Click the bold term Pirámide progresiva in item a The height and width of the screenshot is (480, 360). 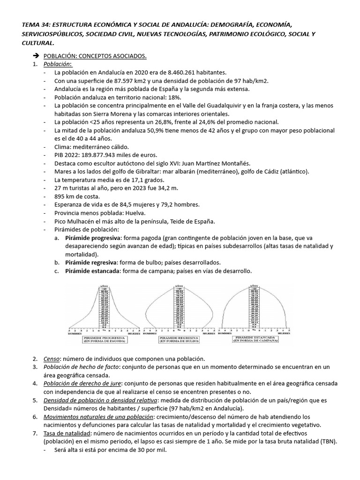point(90,238)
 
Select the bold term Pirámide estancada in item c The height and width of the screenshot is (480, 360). point(89,271)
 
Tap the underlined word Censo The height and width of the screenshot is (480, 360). point(52,359)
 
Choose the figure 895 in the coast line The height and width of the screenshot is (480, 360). point(60,196)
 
